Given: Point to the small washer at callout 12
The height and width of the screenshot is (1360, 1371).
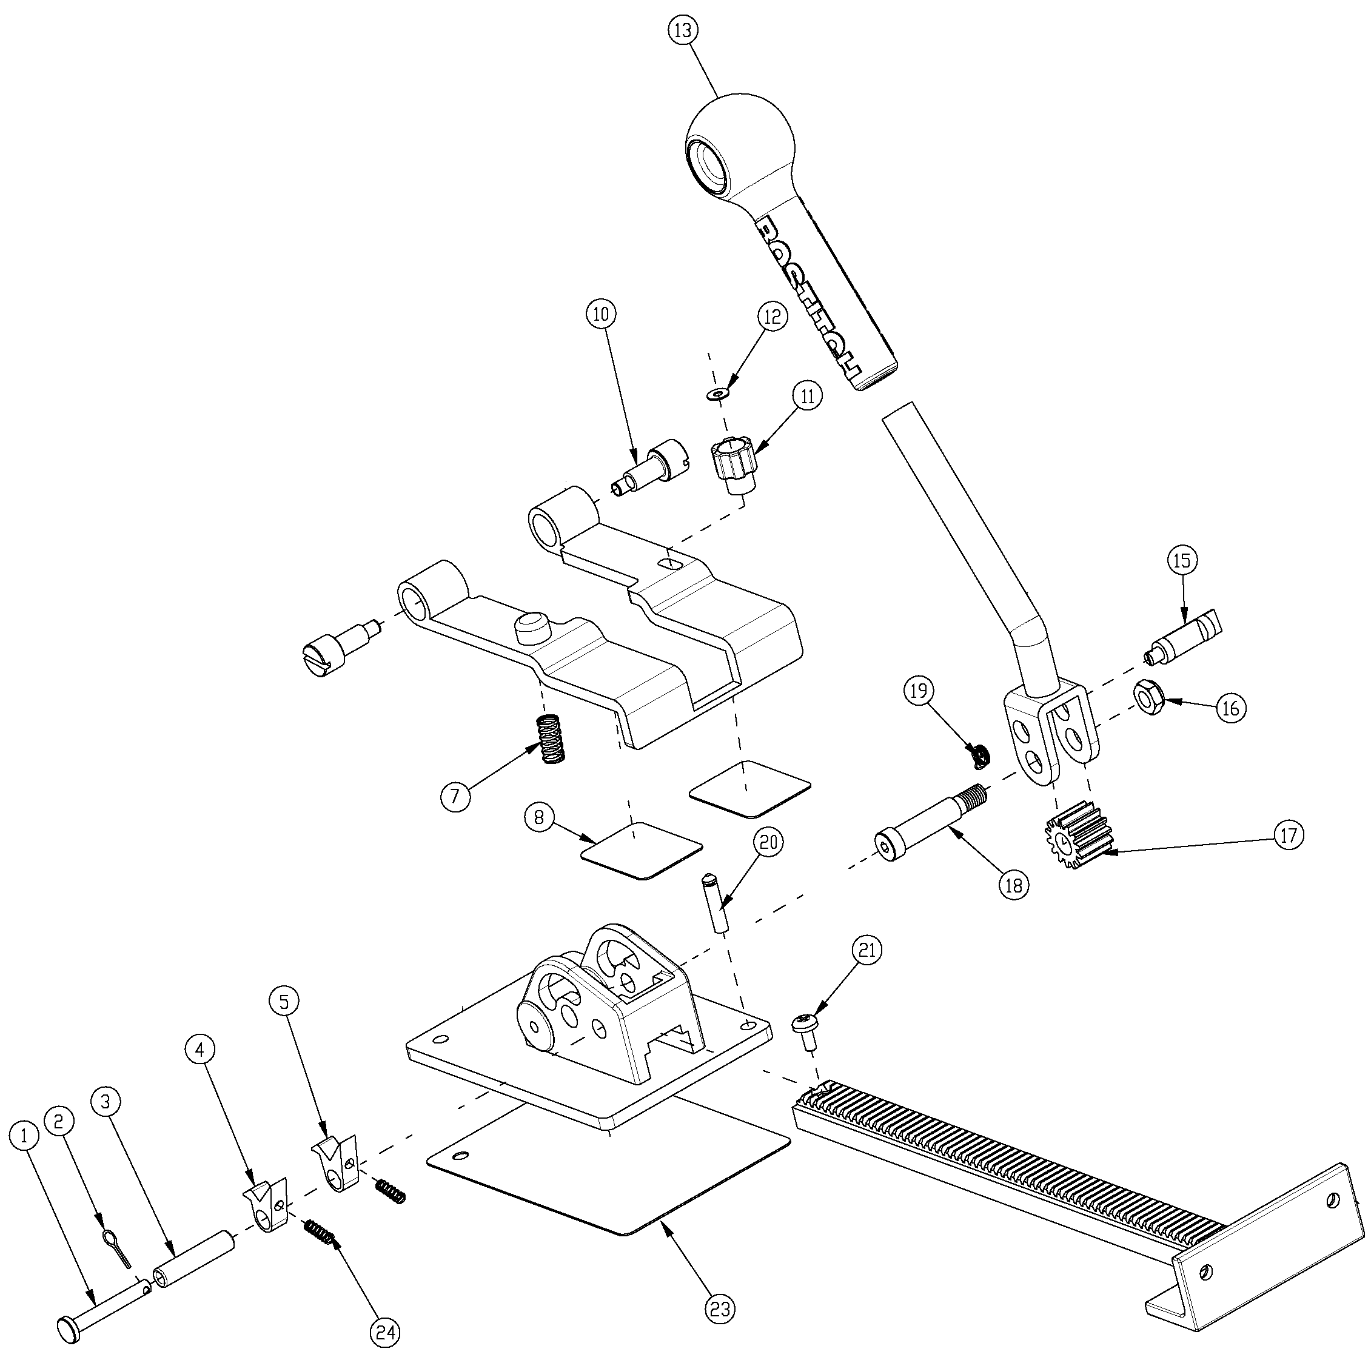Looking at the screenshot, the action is click(x=720, y=392).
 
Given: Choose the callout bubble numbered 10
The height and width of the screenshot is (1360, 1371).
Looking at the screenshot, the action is click(x=601, y=314).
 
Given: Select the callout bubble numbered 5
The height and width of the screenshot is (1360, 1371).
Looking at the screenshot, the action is click(x=284, y=1001).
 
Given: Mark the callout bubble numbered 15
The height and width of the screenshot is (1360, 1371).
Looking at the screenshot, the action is click(x=1182, y=560).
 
